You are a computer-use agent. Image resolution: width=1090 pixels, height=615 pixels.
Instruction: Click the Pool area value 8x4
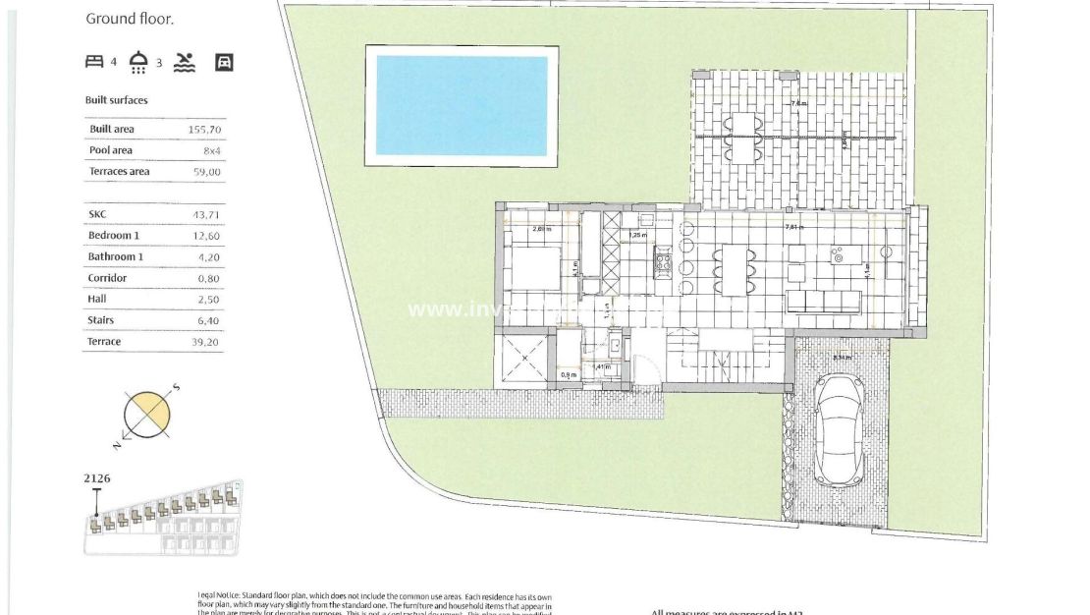211,151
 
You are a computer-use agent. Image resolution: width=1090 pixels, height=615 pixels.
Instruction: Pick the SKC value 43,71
206,214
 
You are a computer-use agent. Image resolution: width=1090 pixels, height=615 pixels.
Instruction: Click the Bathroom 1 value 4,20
209,257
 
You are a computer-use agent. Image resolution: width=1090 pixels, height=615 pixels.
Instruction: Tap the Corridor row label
107,278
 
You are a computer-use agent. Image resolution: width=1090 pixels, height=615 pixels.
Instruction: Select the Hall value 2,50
209,300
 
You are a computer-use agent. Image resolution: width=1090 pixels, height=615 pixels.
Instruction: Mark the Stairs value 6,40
209,321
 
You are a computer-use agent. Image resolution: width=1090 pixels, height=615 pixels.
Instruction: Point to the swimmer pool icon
185,63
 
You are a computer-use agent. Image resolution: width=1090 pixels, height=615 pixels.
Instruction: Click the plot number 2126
97,478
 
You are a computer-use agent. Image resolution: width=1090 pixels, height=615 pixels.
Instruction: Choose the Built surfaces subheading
117,100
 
